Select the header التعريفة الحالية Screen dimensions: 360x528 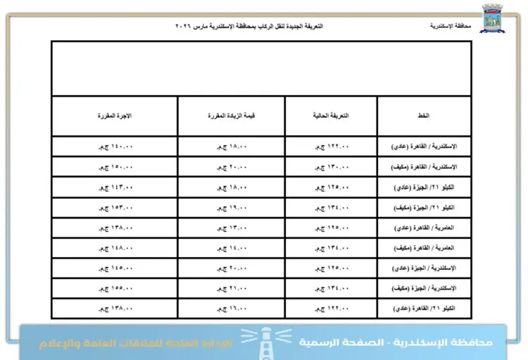click(332, 115)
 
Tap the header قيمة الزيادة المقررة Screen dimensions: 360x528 click(232, 115)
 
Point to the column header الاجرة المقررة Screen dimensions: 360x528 click(115, 115)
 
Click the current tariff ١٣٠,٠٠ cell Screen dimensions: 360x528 click(332, 167)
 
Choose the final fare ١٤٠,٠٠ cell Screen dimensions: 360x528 click(115, 147)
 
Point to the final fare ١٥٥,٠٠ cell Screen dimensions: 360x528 click(115, 288)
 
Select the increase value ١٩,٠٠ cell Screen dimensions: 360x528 click(232, 208)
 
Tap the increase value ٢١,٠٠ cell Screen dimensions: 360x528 click(232, 288)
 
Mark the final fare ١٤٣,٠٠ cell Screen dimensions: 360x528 click(115, 187)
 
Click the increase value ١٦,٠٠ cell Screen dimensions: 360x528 click(232, 309)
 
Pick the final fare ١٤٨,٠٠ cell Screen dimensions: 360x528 click(115, 248)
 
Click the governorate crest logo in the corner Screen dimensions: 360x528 click(492, 18)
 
